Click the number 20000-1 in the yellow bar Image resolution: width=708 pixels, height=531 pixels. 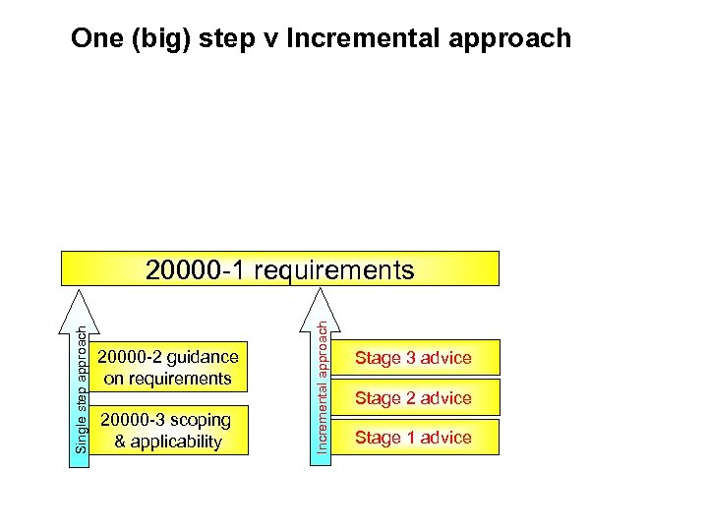click(197, 269)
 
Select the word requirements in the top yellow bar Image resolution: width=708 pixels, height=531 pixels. click(334, 269)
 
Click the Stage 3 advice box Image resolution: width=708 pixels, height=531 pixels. click(413, 358)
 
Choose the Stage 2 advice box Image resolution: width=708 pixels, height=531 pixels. click(413, 398)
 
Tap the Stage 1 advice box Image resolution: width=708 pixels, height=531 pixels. click(413, 438)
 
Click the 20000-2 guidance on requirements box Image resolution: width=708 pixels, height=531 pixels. click(169, 368)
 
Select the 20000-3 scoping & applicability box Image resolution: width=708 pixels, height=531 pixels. click(169, 431)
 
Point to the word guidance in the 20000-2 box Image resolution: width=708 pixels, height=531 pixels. click(202, 357)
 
